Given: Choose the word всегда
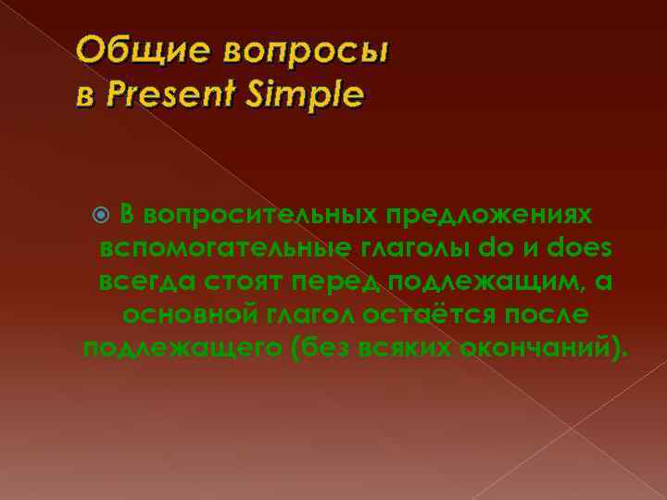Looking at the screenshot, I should (151, 281).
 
